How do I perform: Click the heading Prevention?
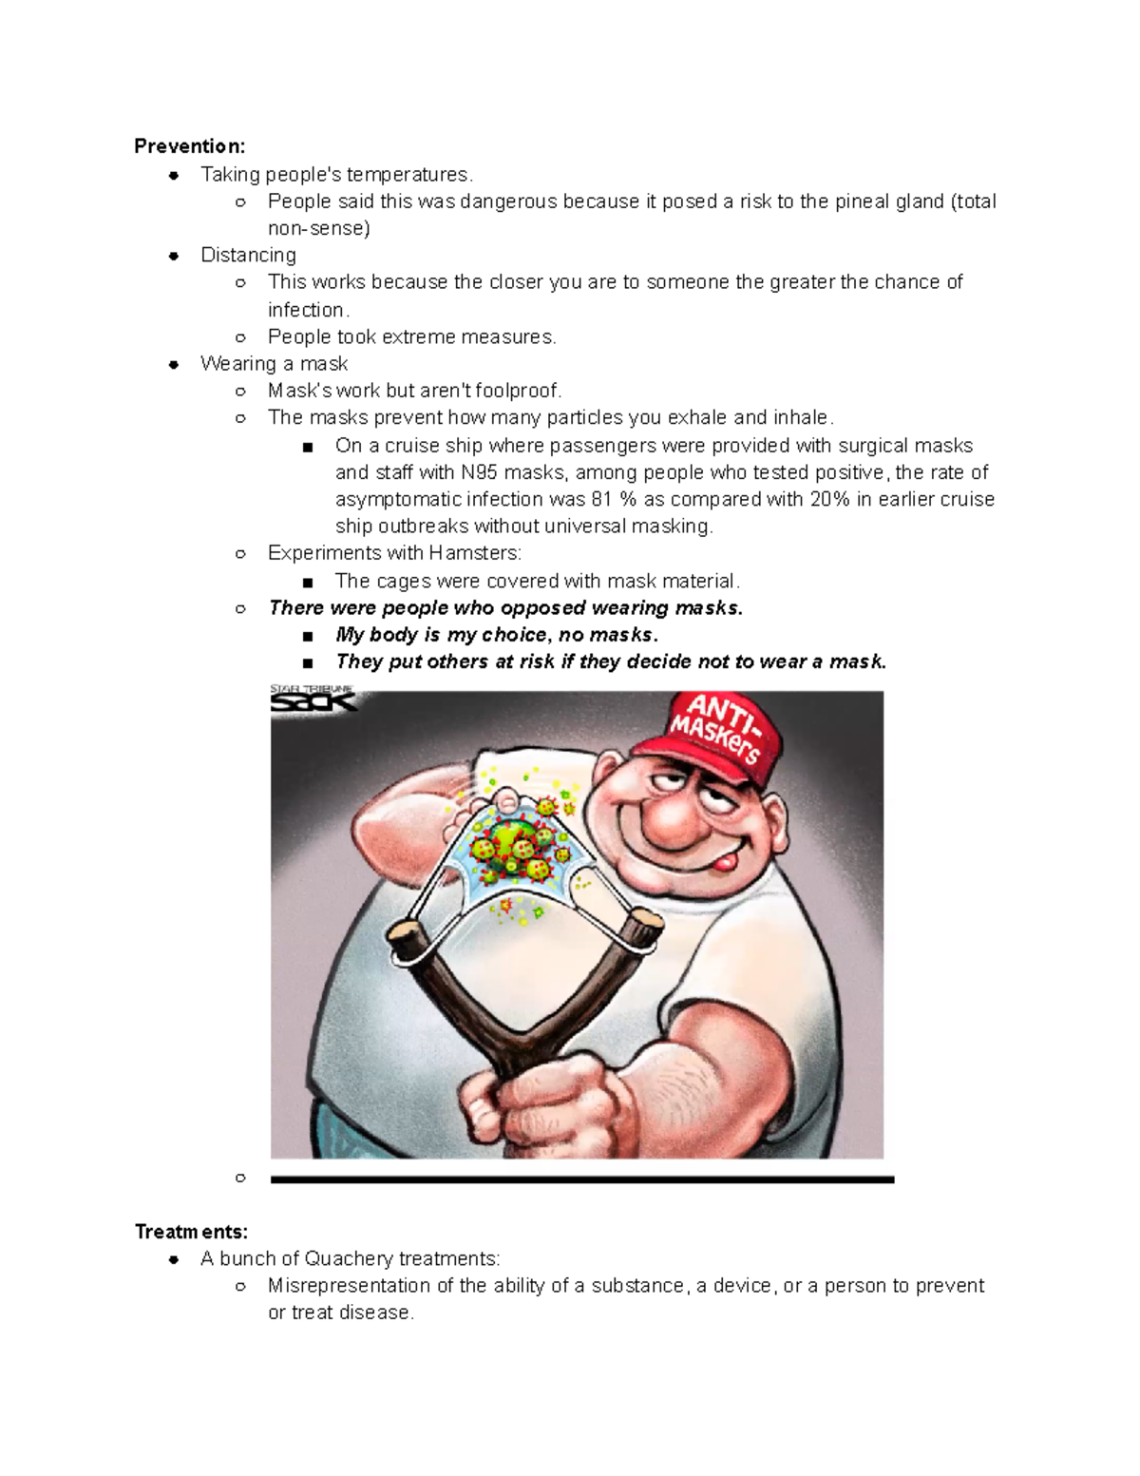[x=189, y=146]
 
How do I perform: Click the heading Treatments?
[x=191, y=1232]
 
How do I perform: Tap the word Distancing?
[x=248, y=256]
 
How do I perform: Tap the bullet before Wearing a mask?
[x=174, y=364]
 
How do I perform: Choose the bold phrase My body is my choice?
[x=442, y=635]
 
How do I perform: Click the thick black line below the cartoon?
[x=581, y=1179]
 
